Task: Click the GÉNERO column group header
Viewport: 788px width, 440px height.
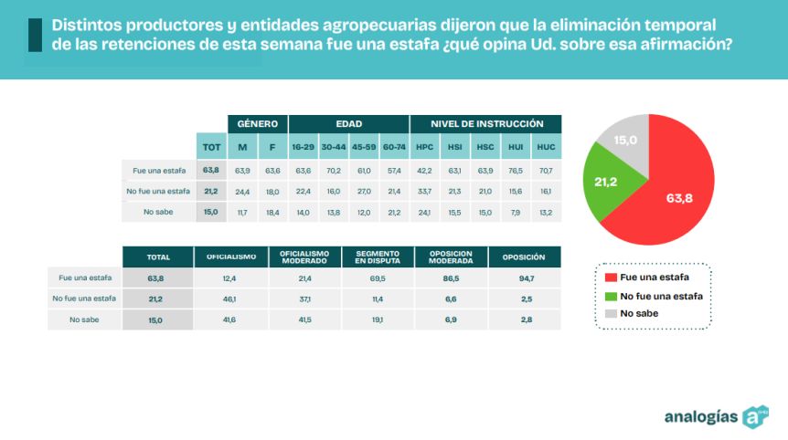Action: pos(257,123)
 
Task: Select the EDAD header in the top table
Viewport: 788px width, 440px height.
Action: pos(348,123)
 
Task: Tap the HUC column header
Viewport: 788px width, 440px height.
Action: pos(546,147)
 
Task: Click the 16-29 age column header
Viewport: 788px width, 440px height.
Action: pos(303,147)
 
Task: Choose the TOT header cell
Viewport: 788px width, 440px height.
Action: pos(211,147)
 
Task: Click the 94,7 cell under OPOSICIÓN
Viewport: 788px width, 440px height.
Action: pos(525,278)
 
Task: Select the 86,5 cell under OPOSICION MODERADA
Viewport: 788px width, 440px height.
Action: pos(450,278)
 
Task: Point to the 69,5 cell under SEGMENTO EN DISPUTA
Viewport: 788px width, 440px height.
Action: pos(377,278)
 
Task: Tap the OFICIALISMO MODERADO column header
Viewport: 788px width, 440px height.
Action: pos(303,257)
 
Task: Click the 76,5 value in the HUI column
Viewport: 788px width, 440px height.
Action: pos(516,171)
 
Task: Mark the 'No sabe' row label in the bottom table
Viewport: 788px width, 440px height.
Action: pos(83,320)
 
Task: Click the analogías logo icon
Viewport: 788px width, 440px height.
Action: pos(755,416)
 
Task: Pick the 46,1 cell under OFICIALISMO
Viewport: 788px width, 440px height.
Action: pos(230,299)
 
